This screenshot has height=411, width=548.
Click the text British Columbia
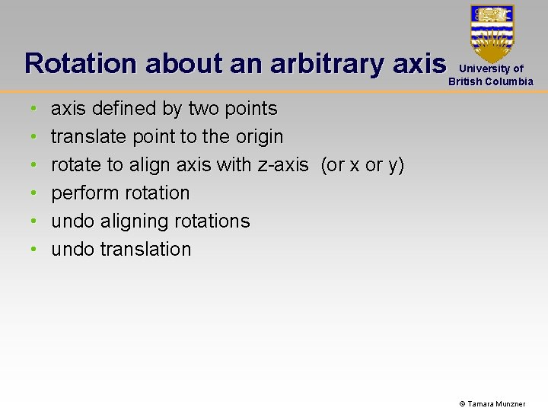[491, 81]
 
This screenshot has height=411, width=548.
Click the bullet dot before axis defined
[33, 110]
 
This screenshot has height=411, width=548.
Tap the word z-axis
[283, 165]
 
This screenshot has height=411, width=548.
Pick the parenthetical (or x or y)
[362, 165]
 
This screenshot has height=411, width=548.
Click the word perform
[81, 193]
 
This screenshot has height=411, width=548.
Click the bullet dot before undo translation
[33, 250]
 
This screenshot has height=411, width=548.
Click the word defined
[122, 109]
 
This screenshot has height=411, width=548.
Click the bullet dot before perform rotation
[33, 194]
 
